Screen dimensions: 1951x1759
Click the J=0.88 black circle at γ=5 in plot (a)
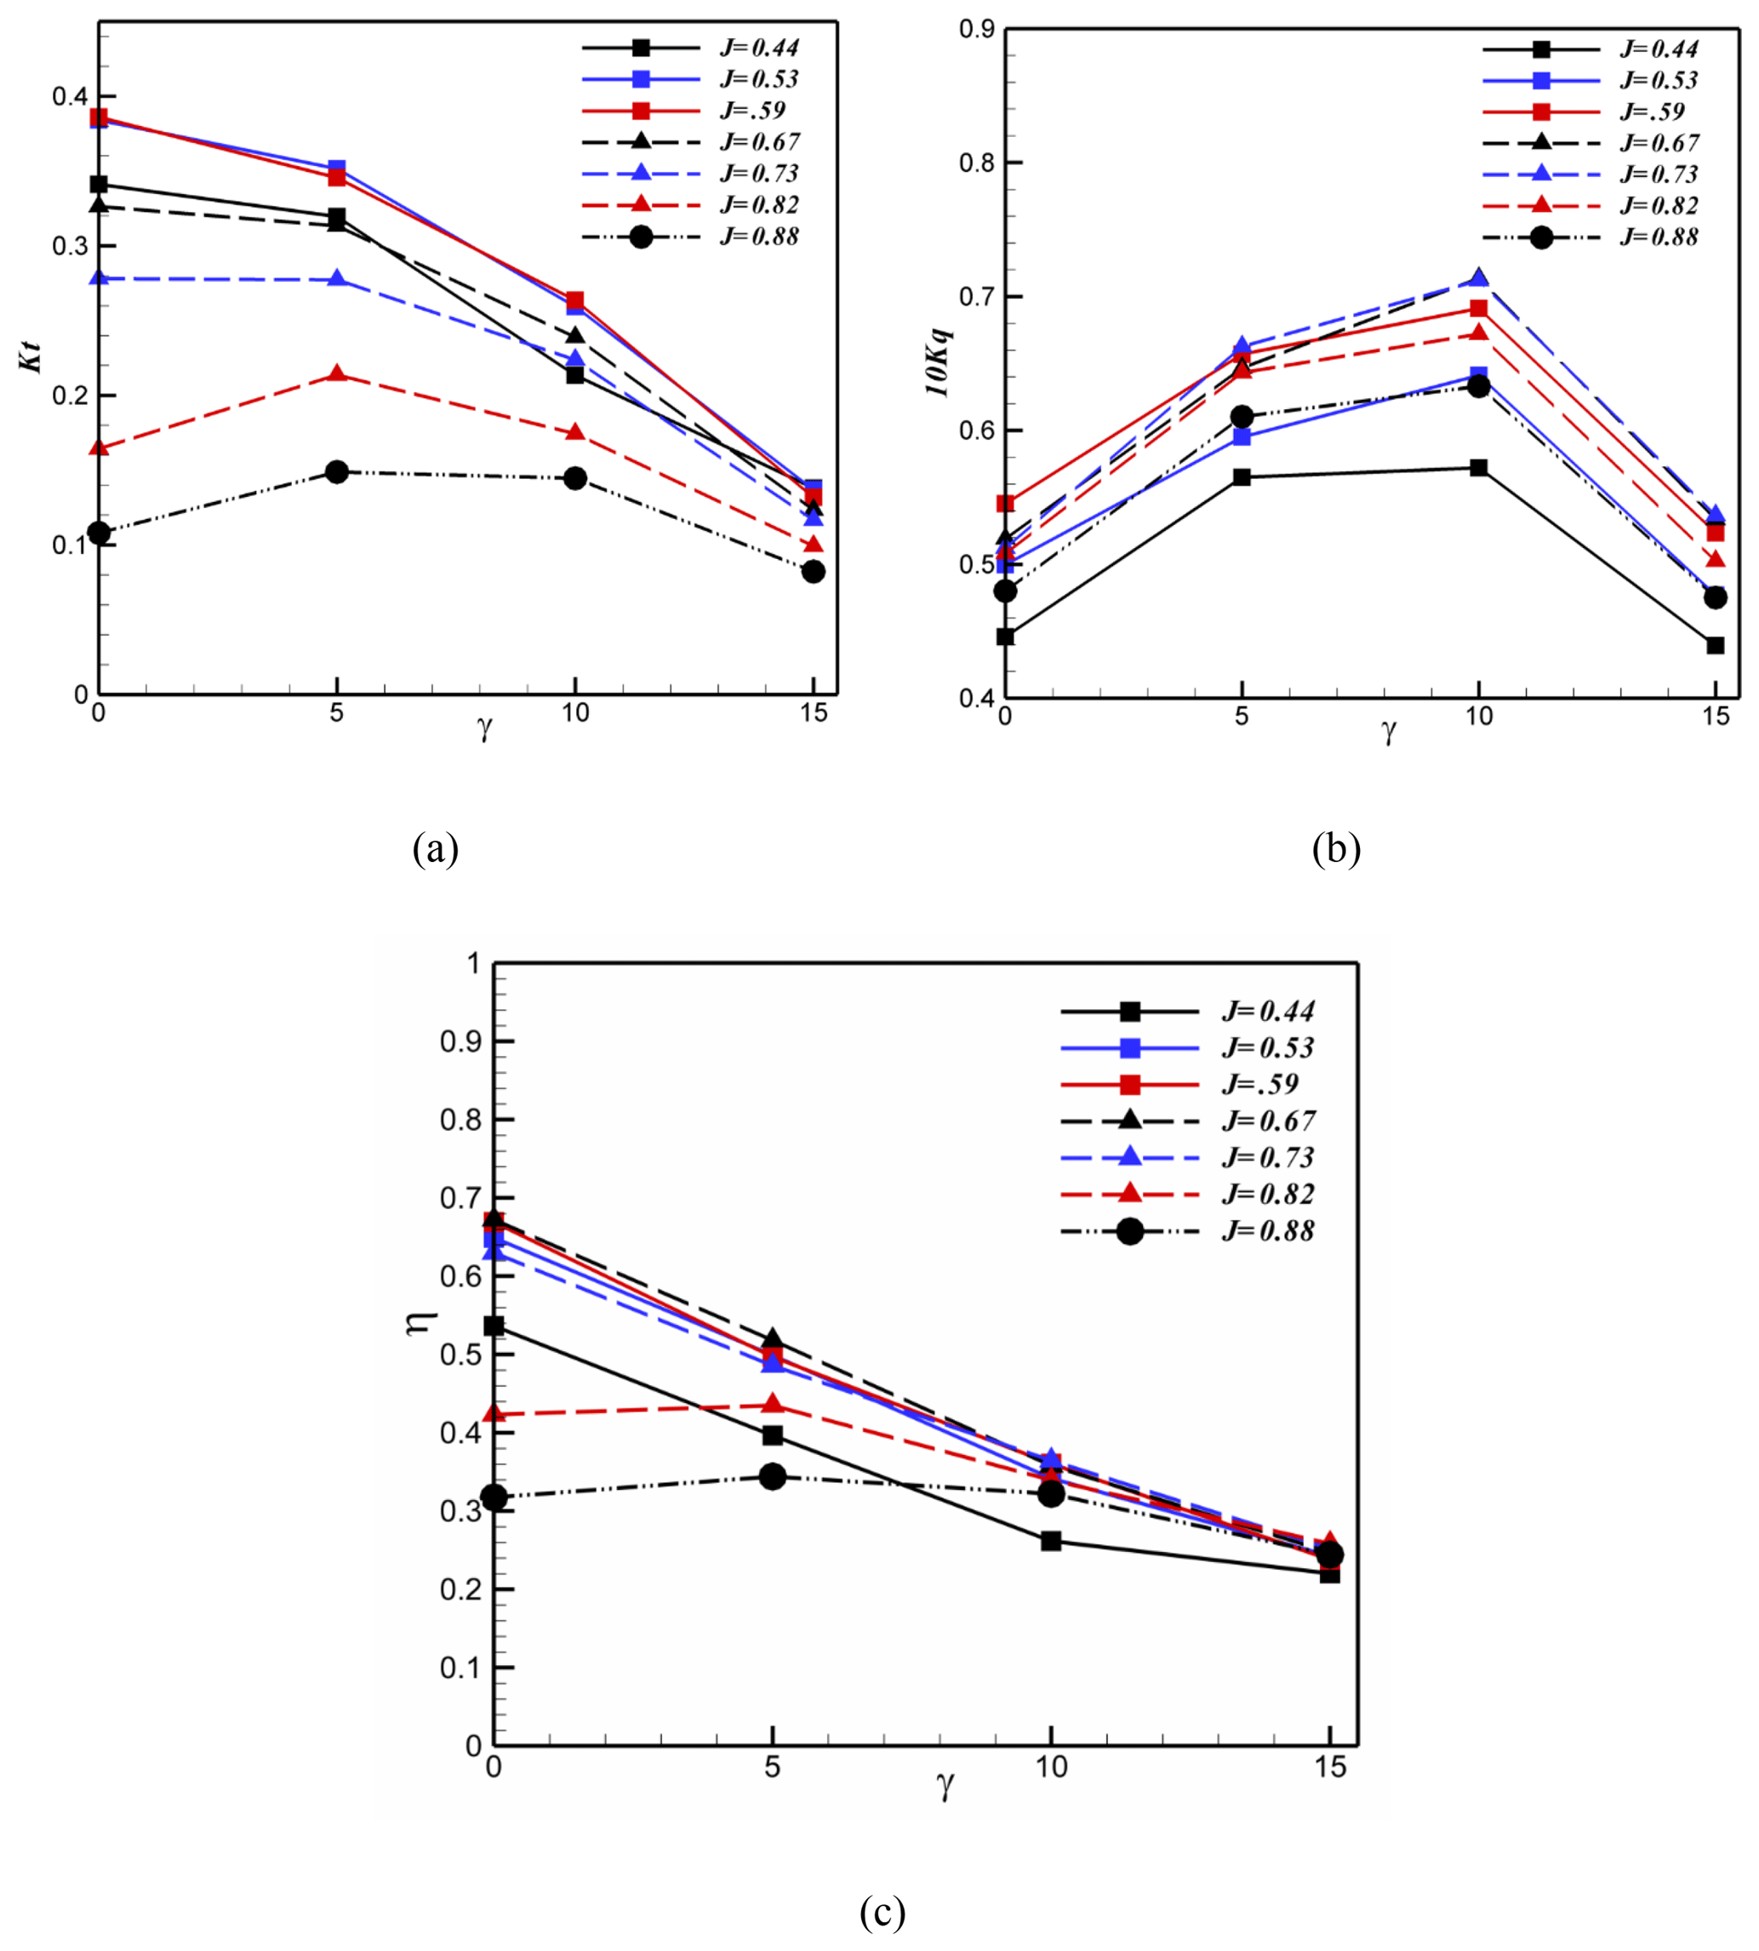pyautogui.click(x=336, y=472)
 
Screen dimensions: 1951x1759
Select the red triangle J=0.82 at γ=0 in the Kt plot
pyautogui.click(x=99, y=448)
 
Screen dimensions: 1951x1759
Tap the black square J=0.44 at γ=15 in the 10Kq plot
pyautogui.click(x=1715, y=646)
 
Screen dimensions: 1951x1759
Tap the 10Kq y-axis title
pyautogui.click(x=937, y=362)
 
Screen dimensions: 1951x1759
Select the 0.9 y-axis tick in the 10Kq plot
pyautogui.click(x=977, y=29)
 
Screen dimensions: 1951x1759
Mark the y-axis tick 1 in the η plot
pyautogui.click(x=473, y=963)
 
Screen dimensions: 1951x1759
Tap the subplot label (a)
pyautogui.click(x=435, y=848)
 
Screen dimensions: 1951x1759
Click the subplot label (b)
pyautogui.click(x=1336, y=848)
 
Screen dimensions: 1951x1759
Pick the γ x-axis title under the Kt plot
pyautogui.click(x=484, y=728)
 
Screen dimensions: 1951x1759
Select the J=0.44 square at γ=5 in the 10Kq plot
pyautogui.click(x=1242, y=477)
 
